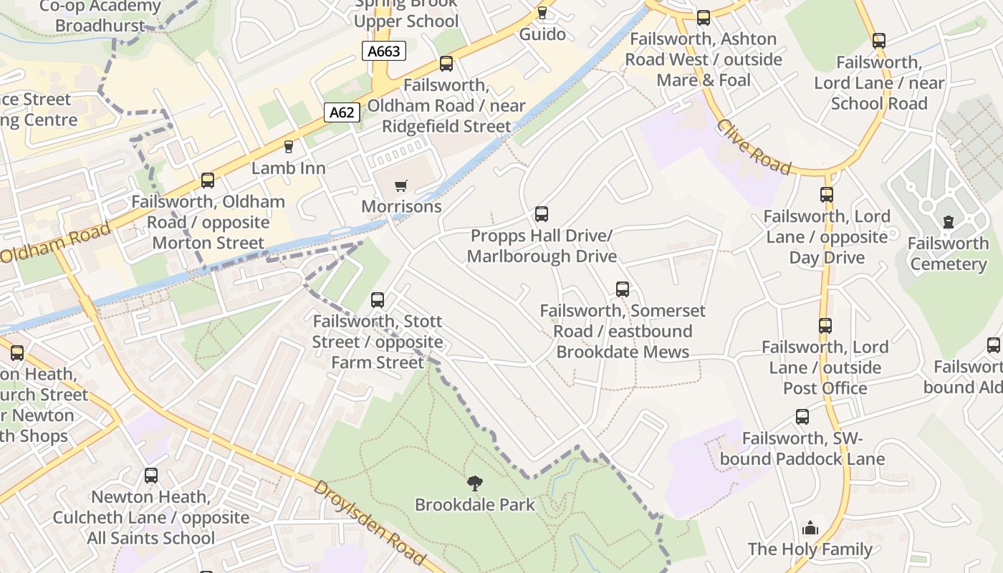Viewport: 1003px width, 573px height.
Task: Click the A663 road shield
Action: pos(384,51)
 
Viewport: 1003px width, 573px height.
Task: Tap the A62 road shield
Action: pos(342,112)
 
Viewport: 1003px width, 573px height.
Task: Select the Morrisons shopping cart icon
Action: pos(400,186)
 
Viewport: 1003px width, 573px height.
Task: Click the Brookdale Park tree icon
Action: pos(474,483)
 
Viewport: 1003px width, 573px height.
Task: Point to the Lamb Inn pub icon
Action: pos(289,147)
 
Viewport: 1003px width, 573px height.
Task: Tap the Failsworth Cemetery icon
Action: pos(949,222)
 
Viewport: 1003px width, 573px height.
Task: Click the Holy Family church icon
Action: pos(810,529)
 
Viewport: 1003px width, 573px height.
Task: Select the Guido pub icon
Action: pos(542,13)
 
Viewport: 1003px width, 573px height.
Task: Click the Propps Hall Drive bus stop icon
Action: pos(542,214)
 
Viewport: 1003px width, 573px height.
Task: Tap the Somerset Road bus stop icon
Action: pos(623,289)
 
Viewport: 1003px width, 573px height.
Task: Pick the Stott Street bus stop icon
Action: pos(378,300)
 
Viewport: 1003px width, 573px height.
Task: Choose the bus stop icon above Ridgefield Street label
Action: pos(446,64)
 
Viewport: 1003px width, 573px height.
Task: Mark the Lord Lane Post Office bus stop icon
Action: pos(825,326)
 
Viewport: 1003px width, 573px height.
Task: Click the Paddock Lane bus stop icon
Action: pos(802,417)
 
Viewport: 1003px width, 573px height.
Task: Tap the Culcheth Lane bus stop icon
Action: pos(151,476)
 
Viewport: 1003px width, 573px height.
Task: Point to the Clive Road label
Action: pos(754,147)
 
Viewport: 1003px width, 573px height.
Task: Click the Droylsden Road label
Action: pos(369,522)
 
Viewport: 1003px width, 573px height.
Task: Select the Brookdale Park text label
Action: pos(475,505)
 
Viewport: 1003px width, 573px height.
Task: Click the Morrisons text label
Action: pos(401,207)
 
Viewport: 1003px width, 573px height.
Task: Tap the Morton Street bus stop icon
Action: pos(208,180)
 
